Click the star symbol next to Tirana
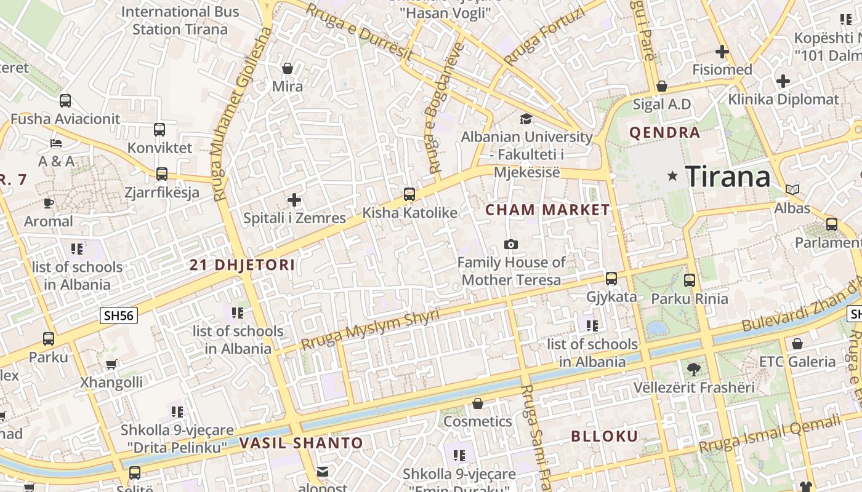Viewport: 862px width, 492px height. (672, 177)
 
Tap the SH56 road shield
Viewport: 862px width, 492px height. (119, 315)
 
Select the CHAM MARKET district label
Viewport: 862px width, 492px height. (547, 210)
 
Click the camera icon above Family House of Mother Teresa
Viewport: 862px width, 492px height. (510, 245)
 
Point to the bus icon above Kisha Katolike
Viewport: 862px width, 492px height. (409, 195)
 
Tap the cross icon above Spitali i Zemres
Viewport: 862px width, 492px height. (294, 200)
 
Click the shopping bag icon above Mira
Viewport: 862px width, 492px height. (287, 68)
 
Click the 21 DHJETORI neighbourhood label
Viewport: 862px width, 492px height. (242, 265)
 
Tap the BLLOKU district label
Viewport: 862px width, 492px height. (605, 437)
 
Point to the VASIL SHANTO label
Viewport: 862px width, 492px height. (301, 443)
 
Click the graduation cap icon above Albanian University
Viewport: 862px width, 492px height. (526, 119)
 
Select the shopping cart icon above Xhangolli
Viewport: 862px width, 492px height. (111, 365)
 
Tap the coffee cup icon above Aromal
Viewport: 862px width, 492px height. (49, 204)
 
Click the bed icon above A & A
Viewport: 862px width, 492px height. (56, 143)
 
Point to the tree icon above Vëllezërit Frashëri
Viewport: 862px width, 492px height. (694, 370)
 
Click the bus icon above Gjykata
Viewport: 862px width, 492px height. (611, 279)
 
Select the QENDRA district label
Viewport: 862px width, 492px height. (664, 132)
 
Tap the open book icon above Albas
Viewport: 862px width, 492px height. (792, 190)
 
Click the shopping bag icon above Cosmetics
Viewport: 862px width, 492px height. (478, 404)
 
